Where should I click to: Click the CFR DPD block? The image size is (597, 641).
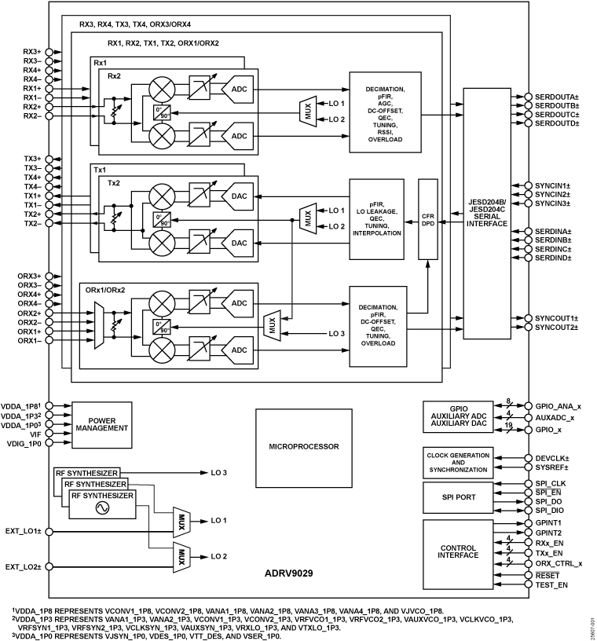click(427, 219)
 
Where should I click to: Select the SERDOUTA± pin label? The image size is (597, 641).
click(557, 95)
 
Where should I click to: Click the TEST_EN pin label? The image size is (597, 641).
click(551, 584)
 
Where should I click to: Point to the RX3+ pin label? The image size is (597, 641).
click(32, 51)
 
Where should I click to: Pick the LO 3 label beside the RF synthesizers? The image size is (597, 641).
click(220, 472)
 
